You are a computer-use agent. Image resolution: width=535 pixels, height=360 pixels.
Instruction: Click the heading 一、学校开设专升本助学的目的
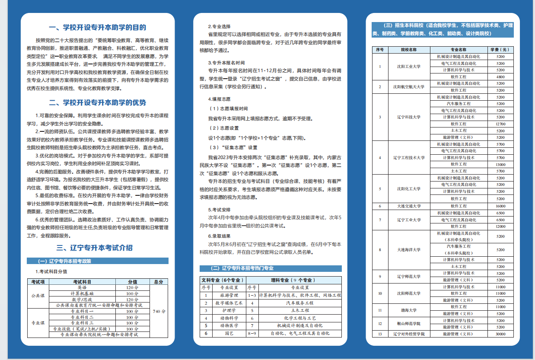[x=97, y=27]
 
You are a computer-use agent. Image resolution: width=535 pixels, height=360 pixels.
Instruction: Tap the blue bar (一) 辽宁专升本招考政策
[x=97, y=261]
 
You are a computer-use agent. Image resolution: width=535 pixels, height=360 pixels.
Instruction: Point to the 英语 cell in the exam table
[x=82, y=287]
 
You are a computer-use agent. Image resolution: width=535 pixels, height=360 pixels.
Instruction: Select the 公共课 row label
[x=38, y=296]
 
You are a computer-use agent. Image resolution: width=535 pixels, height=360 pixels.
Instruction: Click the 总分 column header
[x=159, y=282]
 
